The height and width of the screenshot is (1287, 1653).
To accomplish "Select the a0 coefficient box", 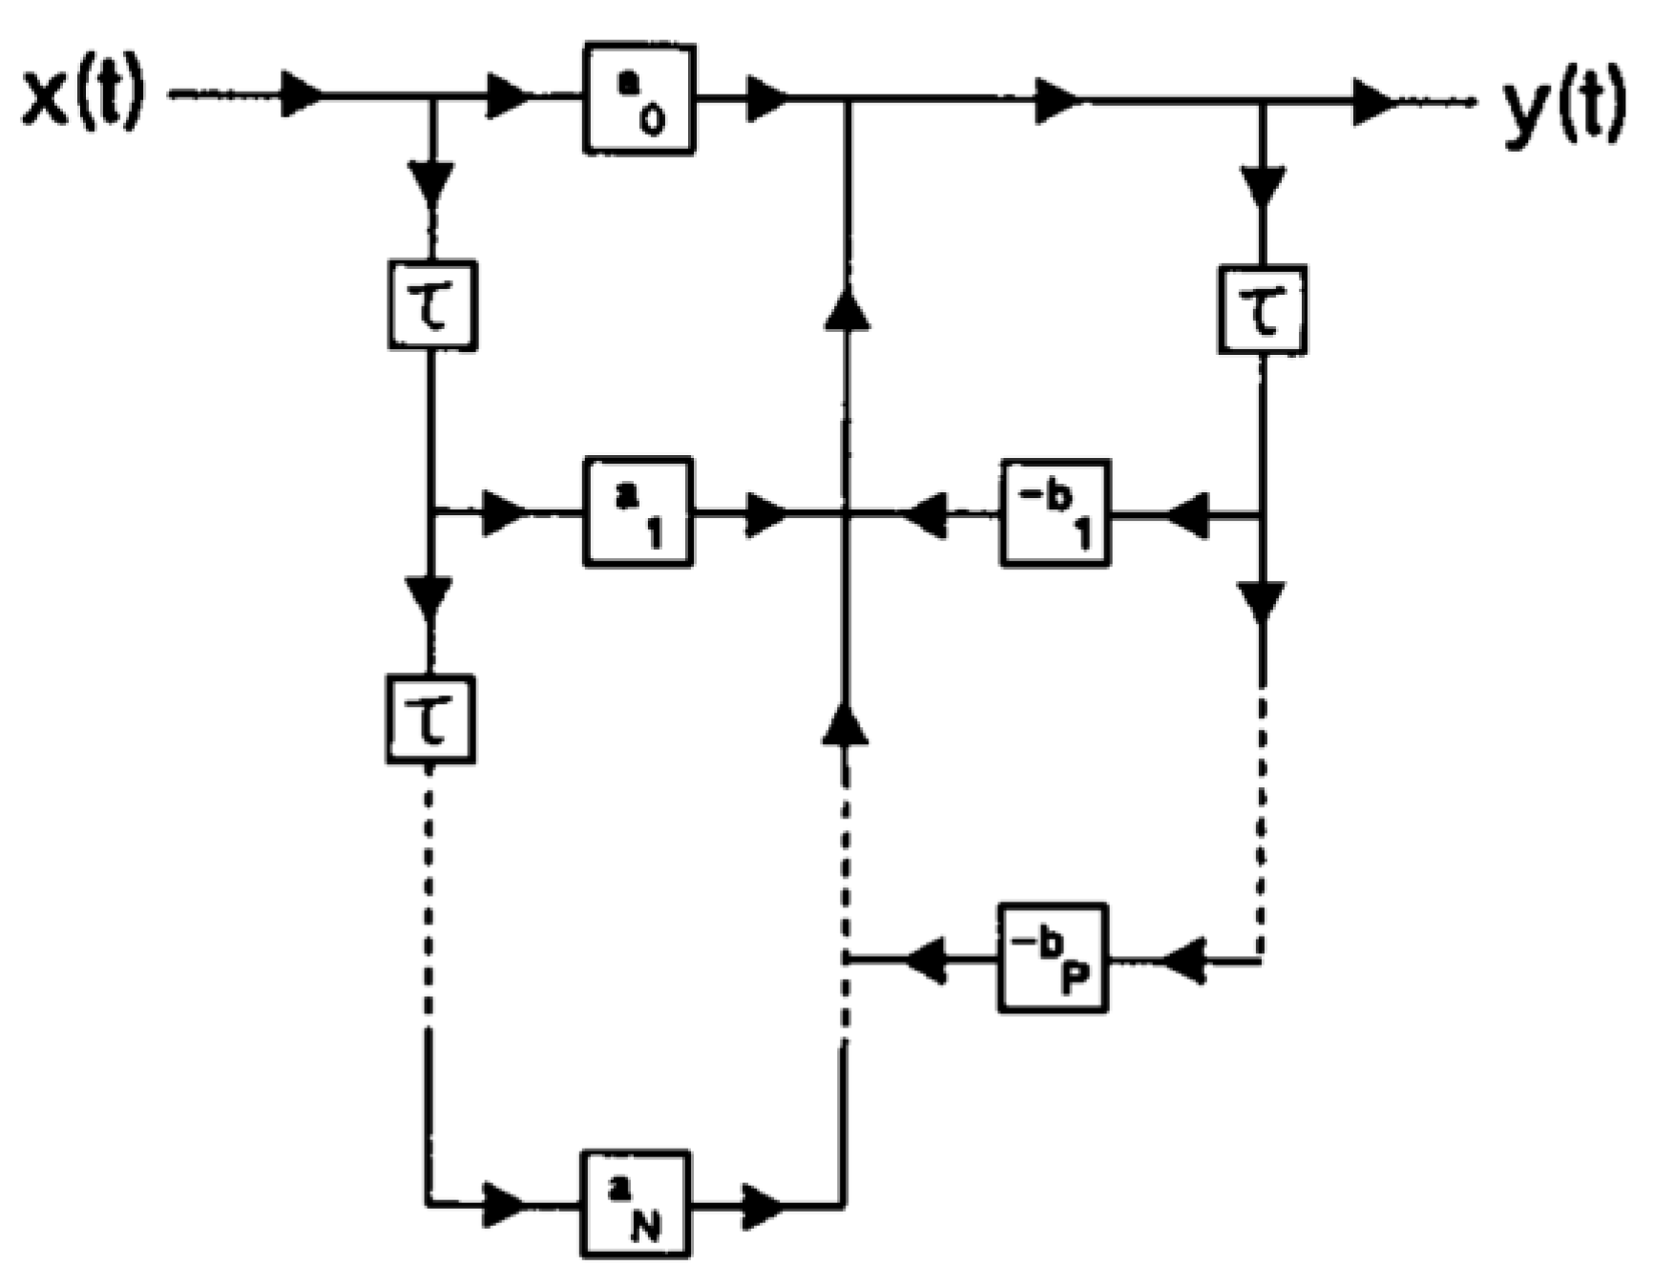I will [x=638, y=99].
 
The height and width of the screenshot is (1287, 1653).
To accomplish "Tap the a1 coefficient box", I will [x=638, y=513].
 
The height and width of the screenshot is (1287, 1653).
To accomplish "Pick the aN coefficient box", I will [x=635, y=1205].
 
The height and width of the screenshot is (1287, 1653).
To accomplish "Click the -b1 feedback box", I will [x=1055, y=513].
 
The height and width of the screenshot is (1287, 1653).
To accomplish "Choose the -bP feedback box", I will [x=1053, y=957].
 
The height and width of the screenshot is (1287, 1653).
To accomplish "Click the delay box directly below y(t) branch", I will [x=1263, y=310].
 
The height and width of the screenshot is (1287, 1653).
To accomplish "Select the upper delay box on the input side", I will [x=432, y=305].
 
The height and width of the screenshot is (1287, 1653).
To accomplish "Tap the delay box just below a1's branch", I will [x=430, y=718].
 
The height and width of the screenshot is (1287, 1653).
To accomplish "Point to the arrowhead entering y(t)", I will [x=1374, y=101].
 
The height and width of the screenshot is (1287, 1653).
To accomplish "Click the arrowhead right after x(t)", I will [x=302, y=95].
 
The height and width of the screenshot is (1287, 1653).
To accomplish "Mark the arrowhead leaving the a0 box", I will [x=766, y=97].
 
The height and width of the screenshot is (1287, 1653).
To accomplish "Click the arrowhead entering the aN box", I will [x=504, y=1205].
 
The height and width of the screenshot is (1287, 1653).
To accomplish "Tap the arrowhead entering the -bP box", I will [x=1184, y=962].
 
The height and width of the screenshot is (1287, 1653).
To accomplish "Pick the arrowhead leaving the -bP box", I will [x=926, y=959].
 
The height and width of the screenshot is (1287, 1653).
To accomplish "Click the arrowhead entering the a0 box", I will [x=508, y=96].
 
